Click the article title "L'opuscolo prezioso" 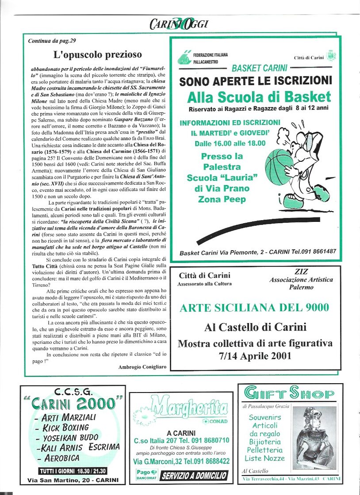point(98,55)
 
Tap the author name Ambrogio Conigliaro point(141,367)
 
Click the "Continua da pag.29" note point(52,41)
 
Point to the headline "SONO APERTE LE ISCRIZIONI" point(256,81)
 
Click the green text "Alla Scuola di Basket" point(259,97)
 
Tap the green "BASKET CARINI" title point(260,68)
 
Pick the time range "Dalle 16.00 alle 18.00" point(230,143)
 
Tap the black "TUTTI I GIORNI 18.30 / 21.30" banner point(73,471)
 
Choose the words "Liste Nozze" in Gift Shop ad point(265,458)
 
